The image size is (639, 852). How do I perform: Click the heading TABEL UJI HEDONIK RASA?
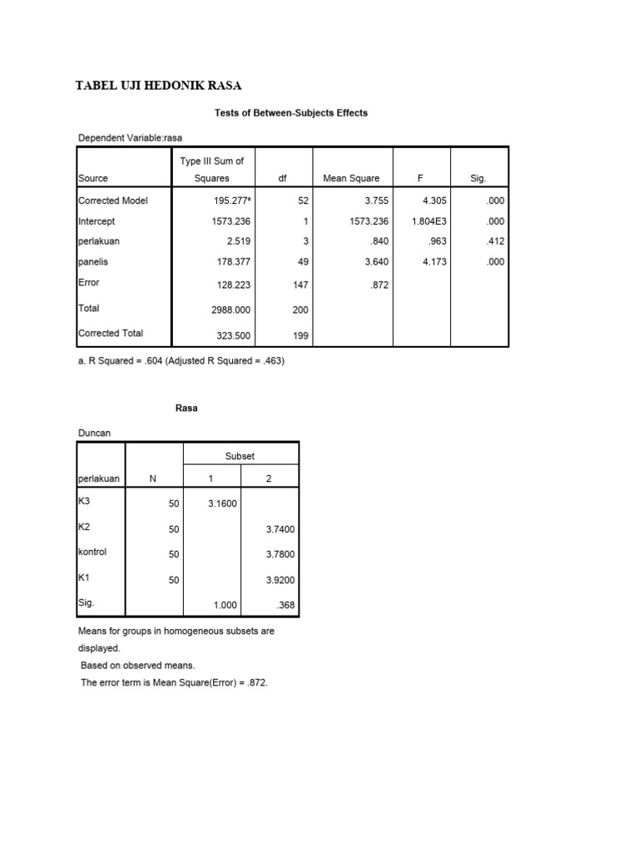[x=158, y=86]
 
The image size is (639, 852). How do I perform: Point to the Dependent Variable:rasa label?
[x=130, y=138]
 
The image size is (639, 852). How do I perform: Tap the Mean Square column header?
[x=351, y=178]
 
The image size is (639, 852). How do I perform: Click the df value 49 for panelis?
[x=303, y=262]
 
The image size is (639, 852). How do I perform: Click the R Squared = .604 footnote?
[x=181, y=361]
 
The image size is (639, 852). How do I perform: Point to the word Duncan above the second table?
[x=94, y=433]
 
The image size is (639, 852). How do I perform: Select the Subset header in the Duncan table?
[x=240, y=456]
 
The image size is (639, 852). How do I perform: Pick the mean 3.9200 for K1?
[x=279, y=581]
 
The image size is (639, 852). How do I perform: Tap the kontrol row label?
[x=92, y=552]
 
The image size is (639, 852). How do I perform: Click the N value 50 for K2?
[x=173, y=529]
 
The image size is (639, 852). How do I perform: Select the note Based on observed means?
[x=137, y=666]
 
